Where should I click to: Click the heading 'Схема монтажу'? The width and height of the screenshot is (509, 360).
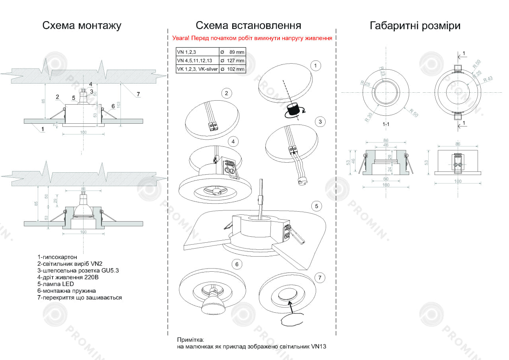[82, 26]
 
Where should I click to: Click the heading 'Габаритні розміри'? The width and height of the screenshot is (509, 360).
[415, 26]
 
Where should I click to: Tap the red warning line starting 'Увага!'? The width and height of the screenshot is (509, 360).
[252, 39]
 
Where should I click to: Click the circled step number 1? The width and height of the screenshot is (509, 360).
[315, 66]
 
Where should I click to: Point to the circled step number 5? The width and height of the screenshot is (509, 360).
[316, 206]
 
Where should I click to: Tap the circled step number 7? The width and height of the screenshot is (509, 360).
[319, 277]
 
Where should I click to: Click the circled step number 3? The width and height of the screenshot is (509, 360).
[320, 122]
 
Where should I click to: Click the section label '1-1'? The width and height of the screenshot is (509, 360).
[386, 125]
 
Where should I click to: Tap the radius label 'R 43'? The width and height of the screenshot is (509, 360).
[488, 79]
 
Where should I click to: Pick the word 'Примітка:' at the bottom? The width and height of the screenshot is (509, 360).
[190, 340]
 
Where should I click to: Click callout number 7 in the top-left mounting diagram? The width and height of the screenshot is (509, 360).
[138, 94]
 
